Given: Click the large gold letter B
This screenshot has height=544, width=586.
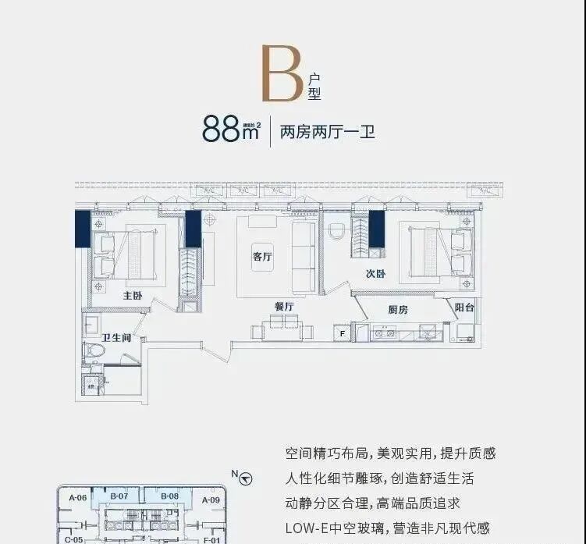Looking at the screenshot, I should [x=282, y=74].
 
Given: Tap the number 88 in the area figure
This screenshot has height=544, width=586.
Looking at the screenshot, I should [x=221, y=130].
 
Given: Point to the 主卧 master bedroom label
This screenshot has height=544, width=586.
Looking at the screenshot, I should [x=132, y=296].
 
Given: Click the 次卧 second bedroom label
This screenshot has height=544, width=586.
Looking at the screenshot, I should [x=375, y=274].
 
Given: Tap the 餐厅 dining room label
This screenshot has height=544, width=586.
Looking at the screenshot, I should [x=283, y=307].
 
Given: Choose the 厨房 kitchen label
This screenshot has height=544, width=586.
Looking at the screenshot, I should [x=398, y=309].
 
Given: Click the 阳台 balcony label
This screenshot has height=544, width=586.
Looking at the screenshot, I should [x=464, y=308].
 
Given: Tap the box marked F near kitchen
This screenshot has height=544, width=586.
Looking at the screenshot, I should [x=341, y=333].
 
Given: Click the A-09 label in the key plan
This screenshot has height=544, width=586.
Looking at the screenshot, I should [x=211, y=500].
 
